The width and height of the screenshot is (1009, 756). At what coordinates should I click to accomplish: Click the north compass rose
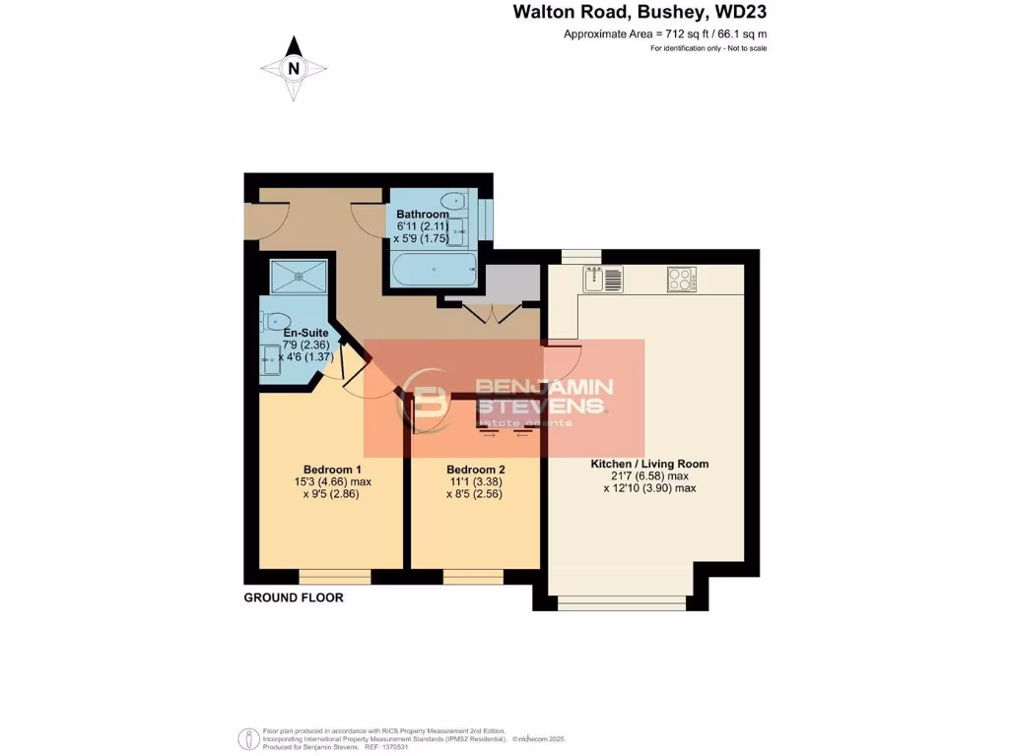coord(293,68)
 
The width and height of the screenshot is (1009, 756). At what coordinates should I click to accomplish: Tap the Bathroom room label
coord(423,214)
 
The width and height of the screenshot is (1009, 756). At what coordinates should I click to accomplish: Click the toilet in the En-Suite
coord(276,320)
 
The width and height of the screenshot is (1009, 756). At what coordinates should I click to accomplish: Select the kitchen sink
coord(602,279)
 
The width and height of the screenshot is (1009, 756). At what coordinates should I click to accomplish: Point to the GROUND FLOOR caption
coord(294,598)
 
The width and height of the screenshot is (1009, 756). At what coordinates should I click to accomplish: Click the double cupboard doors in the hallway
coord(490,313)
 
